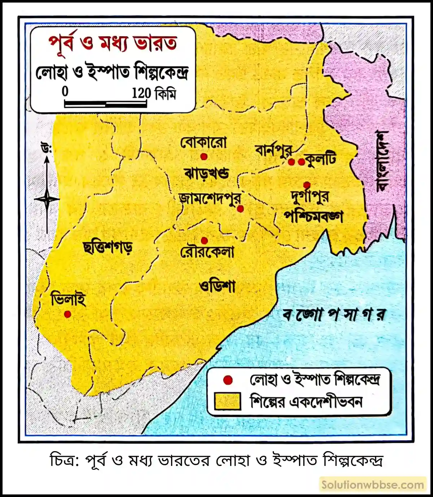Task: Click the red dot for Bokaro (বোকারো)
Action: [204, 157]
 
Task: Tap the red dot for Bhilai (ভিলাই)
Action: [67, 314]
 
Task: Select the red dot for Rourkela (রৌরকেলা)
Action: [204, 240]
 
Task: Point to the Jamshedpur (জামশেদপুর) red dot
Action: [240, 209]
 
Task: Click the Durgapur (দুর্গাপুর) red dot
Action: [307, 185]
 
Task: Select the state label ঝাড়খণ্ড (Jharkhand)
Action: [206, 173]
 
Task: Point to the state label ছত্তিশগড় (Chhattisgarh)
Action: [108, 247]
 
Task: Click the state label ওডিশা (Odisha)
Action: [217, 286]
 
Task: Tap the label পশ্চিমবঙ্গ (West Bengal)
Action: [313, 217]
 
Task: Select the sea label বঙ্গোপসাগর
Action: [334, 314]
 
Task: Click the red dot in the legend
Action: [228, 380]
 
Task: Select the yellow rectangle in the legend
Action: [227, 401]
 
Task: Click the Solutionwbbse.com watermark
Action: [373, 485]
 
